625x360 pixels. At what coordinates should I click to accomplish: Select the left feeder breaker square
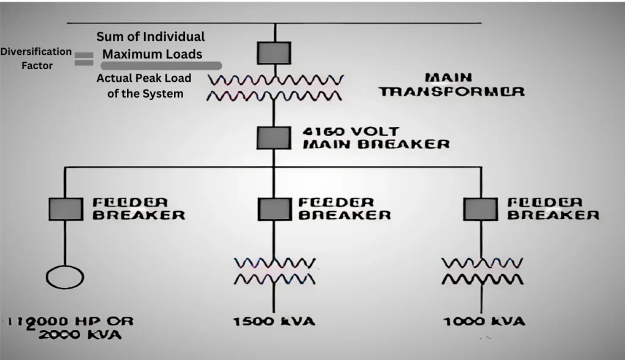tap(65, 209)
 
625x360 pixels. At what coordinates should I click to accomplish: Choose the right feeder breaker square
tap(480, 209)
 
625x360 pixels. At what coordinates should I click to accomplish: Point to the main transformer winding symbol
tap(275, 87)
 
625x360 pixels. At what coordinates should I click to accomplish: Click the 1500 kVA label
tap(274, 321)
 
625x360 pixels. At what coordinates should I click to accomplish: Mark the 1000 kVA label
tap(484, 321)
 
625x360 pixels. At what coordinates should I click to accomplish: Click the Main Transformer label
tap(451, 85)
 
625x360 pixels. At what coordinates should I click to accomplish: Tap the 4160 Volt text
tap(350, 131)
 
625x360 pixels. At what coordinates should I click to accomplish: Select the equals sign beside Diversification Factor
tap(84, 59)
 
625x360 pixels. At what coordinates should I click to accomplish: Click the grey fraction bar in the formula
tap(161, 65)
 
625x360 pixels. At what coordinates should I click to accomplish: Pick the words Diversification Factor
tap(36, 59)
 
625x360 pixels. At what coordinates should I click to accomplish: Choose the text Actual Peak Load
tap(143, 78)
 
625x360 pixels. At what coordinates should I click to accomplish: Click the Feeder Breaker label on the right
tap(553, 209)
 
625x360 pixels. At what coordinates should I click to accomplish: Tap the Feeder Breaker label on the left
tap(138, 209)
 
